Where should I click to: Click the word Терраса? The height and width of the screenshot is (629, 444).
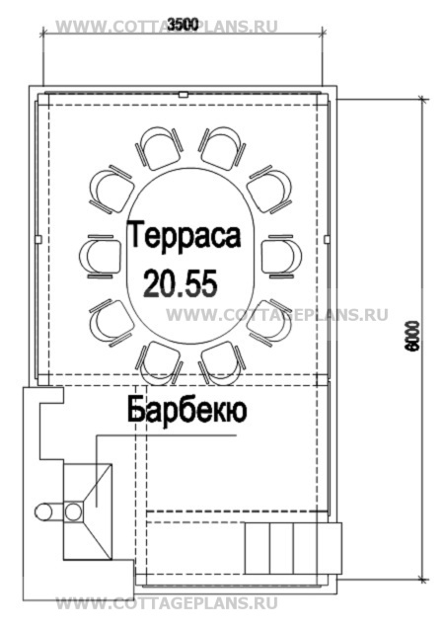[185, 237]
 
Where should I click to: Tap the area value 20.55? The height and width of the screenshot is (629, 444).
[181, 282]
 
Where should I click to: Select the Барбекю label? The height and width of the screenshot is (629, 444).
[187, 411]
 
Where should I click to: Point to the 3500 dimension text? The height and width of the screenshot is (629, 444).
[183, 25]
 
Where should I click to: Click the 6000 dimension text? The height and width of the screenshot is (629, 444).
[412, 336]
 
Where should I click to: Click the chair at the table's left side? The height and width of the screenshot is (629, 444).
[101, 256]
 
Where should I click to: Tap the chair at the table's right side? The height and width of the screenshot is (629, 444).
[281, 256]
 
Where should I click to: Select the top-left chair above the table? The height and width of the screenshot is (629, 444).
[159, 148]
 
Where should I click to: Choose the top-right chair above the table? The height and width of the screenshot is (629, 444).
[222, 148]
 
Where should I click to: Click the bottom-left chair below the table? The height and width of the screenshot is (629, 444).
[159, 363]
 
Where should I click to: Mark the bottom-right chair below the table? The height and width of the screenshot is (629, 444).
[222, 363]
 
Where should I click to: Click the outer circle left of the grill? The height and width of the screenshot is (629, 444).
[43, 511]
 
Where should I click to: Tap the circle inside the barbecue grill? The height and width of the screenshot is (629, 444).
[73, 511]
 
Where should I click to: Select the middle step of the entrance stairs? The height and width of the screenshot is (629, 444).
[282, 548]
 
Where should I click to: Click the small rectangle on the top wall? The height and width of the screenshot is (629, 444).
[184, 95]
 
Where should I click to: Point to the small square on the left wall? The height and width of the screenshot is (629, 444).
[38, 240]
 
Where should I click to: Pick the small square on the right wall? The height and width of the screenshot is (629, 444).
[327, 240]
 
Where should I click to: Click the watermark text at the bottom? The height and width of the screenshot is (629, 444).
[167, 603]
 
